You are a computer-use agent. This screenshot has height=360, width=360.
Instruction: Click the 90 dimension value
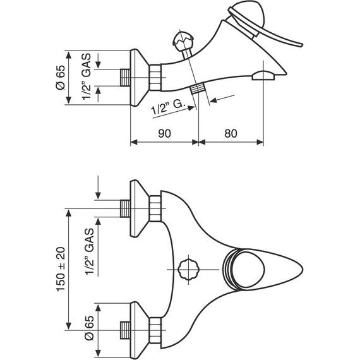tap(164, 133)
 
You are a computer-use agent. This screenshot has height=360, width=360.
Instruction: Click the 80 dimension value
tap(231, 133)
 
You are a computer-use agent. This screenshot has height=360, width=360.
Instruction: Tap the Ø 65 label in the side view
tap(61, 78)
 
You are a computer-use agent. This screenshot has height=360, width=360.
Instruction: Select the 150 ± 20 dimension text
tap(61, 269)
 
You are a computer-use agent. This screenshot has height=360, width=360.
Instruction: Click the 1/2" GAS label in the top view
tap(90, 251)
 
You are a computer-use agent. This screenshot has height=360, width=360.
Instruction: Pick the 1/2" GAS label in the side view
tap(87, 76)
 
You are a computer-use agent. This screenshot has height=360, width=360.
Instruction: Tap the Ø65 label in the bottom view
tap(89, 328)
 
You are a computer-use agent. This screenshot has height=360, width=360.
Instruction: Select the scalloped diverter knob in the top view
tap(188, 269)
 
